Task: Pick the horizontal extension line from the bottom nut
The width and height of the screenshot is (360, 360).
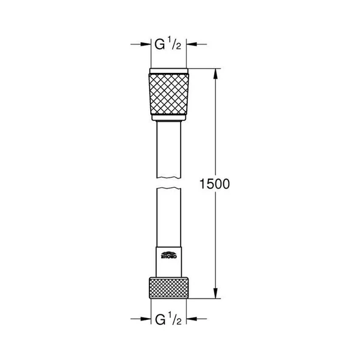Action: pos(204,299)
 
